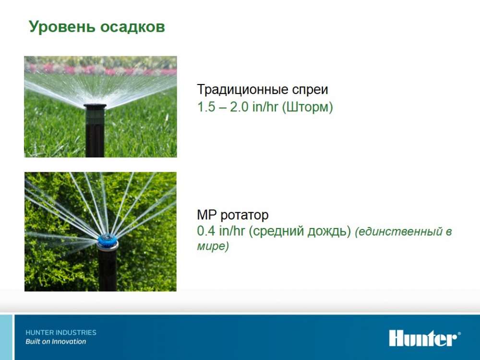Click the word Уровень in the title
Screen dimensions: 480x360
click(x=62, y=26)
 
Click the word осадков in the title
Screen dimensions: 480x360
click(x=132, y=26)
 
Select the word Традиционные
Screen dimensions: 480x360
click(x=242, y=90)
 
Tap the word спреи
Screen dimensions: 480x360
click(x=310, y=90)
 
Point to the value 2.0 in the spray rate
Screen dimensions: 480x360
click(x=239, y=107)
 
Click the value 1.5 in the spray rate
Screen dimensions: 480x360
click(x=206, y=107)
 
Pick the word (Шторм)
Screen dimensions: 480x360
click(x=307, y=108)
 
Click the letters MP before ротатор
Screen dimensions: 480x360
click(x=206, y=215)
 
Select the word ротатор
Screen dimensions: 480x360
click(x=244, y=216)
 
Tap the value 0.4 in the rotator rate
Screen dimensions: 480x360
click(x=206, y=231)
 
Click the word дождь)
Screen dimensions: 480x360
click(x=329, y=231)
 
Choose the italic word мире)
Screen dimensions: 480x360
click(x=213, y=246)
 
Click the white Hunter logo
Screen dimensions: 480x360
click(x=425, y=338)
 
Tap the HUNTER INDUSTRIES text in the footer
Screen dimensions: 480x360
click(x=61, y=333)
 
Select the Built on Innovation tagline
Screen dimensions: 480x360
click(x=56, y=342)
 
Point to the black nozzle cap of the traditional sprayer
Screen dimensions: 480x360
click(x=95, y=107)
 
